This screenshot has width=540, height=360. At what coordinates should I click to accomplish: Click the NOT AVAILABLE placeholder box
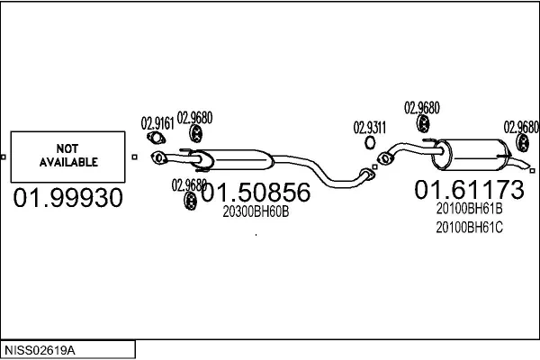click(x=67, y=156)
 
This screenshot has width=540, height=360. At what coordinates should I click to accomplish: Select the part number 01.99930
click(x=67, y=198)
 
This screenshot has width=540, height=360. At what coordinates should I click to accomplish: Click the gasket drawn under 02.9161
click(x=155, y=138)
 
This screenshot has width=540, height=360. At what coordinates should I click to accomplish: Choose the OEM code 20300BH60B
click(x=256, y=211)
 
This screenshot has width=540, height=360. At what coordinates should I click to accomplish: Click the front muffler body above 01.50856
click(x=236, y=157)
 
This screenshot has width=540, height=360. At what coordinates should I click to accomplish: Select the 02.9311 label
click(x=369, y=127)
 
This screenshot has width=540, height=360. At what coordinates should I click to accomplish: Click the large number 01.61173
click(x=468, y=190)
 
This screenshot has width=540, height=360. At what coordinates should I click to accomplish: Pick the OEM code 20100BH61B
click(x=469, y=209)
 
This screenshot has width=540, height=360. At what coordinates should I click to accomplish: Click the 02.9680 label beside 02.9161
click(x=194, y=117)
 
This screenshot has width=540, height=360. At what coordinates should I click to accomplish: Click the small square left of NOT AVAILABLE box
click(x=4, y=157)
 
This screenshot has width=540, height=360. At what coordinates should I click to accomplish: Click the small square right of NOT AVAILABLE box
click(x=134, y=157)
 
